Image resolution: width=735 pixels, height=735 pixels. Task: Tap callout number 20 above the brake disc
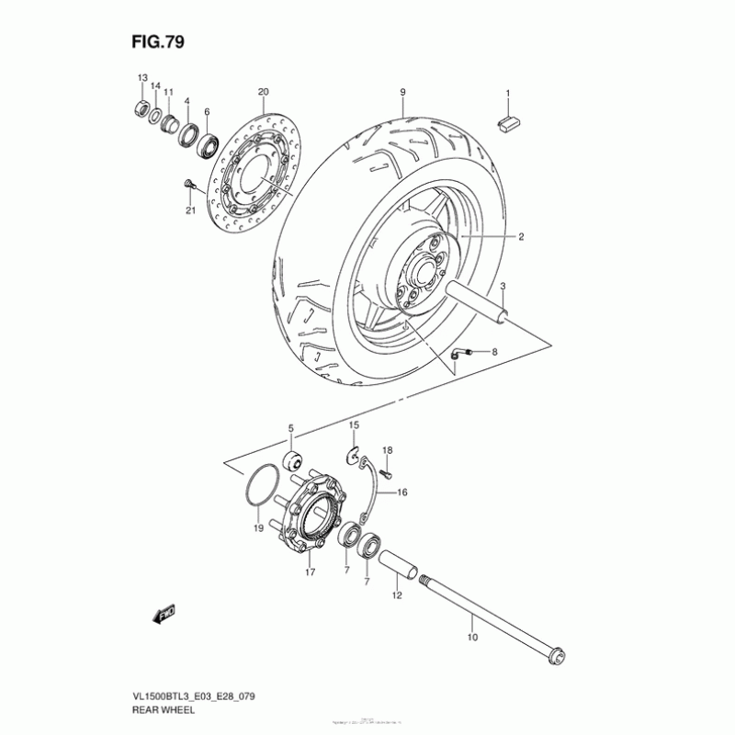click(263, 92)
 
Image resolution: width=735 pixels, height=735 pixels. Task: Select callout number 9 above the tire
click(402, 92)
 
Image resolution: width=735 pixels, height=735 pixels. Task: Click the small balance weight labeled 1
click(508, 124)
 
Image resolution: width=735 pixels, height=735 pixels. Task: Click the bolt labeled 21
click(189, 187)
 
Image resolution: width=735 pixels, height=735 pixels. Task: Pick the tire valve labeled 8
click(462, 352)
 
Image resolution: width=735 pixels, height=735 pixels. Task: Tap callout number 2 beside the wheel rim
click(519, 237)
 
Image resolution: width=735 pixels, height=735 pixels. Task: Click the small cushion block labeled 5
click(294, 459)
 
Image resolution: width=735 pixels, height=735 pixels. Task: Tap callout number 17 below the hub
click(311, 572)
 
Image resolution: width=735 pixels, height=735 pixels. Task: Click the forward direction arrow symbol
click(165, 614)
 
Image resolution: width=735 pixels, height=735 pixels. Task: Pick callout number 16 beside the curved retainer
click(401, 493)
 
